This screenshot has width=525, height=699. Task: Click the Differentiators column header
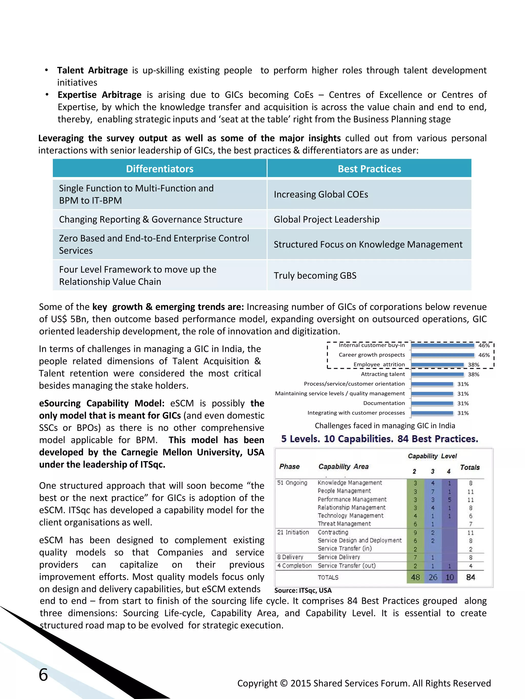159,169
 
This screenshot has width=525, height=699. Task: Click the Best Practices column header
369,169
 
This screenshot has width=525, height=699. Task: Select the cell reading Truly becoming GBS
315,276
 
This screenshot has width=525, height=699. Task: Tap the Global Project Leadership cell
326,219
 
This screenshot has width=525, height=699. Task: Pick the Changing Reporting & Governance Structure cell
150,219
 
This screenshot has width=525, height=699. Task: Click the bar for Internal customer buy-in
442,345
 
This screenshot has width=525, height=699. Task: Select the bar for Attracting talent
437,374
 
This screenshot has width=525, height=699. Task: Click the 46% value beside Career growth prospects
484,355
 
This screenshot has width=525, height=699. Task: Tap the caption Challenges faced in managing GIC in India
385,426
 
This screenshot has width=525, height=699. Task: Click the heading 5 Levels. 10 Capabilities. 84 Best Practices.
379,439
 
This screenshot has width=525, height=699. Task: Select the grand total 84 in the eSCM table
470,577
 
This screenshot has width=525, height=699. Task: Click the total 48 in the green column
415,577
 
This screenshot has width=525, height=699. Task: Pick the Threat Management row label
344,524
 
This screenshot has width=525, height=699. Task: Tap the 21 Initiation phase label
293,532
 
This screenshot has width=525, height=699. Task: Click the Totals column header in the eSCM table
469,467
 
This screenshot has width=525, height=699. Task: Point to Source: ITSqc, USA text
303,590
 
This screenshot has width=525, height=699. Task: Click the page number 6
43,675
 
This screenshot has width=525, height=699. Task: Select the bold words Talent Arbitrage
92,70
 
